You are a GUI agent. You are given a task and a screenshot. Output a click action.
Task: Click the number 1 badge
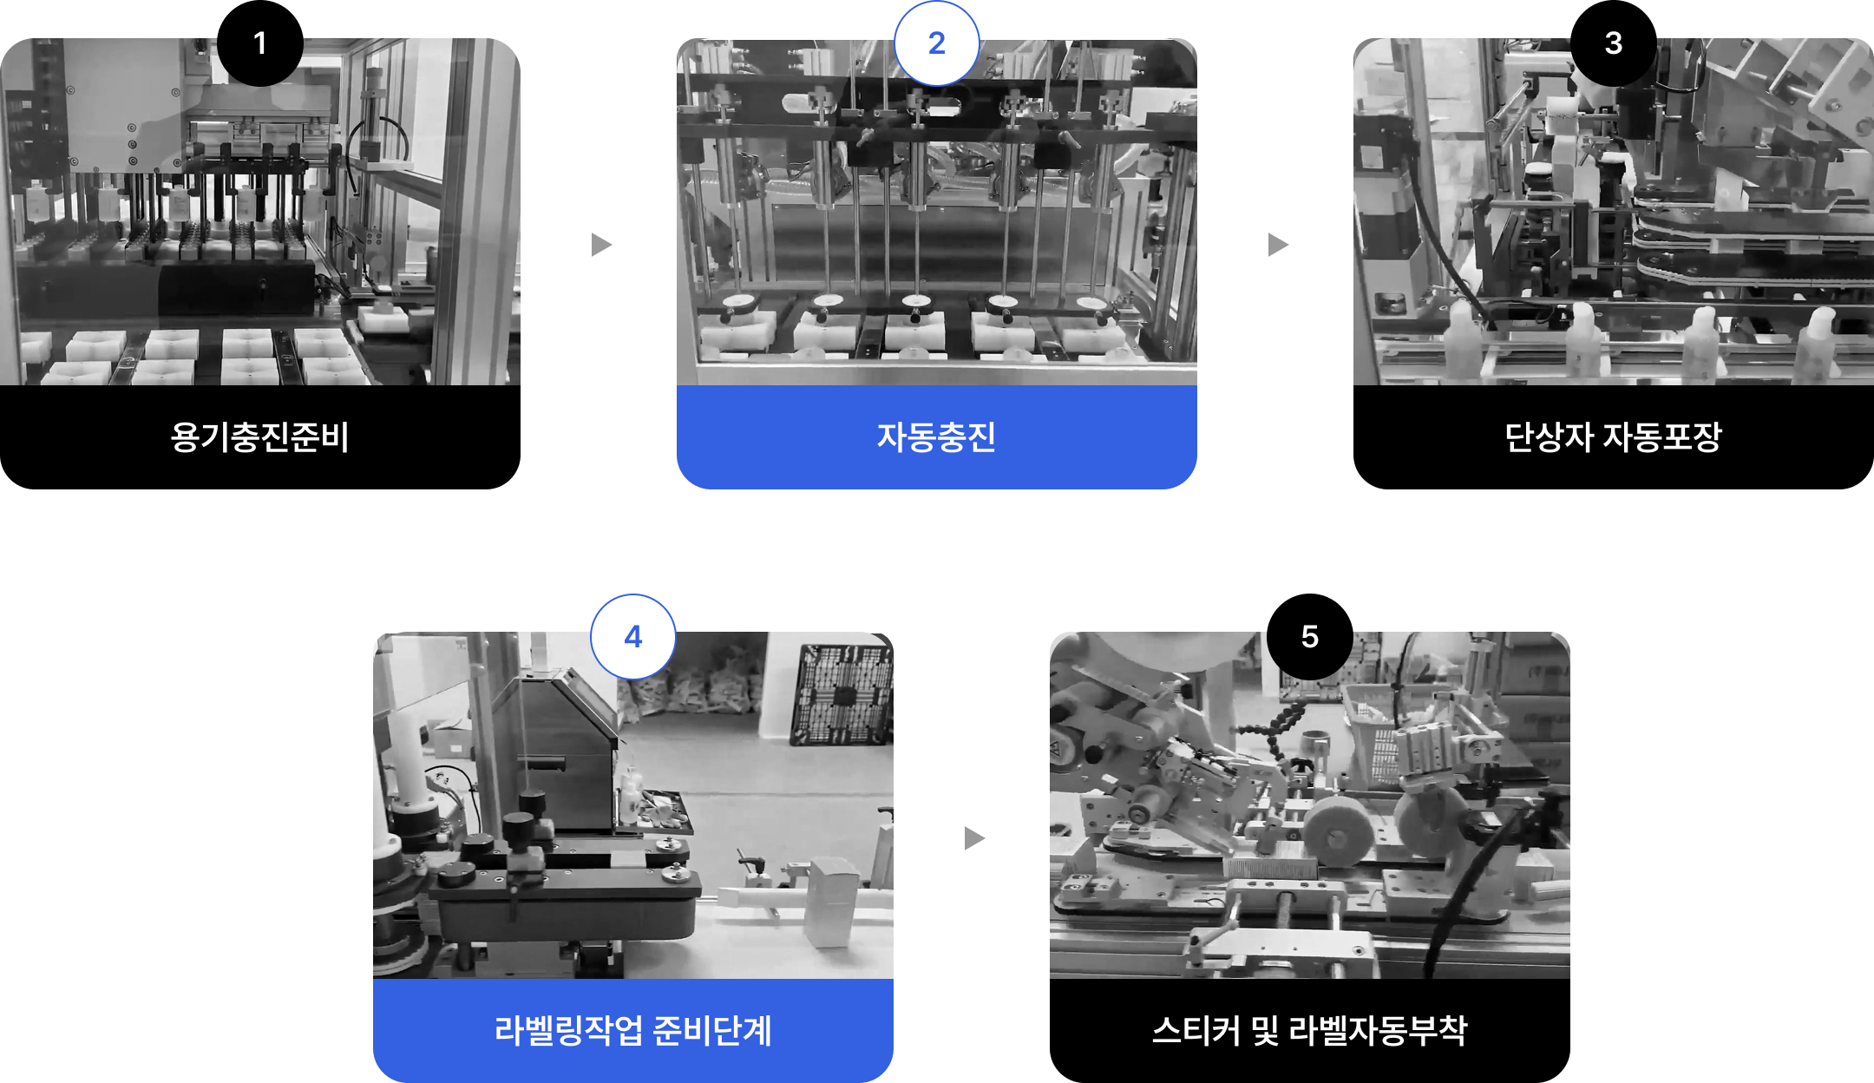(260, 43)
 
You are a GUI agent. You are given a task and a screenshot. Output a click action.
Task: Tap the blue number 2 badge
(937, 43)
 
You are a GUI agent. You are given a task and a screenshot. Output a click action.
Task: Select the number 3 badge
(1614, 43)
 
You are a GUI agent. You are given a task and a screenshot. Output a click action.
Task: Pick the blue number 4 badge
(633, 637)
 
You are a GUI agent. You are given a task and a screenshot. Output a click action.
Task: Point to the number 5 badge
(1310, 637)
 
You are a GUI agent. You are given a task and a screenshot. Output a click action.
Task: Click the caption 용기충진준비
(260, 436)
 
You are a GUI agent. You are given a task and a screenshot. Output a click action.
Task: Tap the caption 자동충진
(937, 436)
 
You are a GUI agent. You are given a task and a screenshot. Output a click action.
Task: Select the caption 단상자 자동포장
(1614, 436)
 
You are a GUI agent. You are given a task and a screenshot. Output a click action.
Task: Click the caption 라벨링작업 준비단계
(633, 1030)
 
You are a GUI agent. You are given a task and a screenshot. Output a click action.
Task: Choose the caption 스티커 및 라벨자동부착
(1310, 1030)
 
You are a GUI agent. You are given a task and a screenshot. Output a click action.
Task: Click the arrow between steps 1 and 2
(601, 245)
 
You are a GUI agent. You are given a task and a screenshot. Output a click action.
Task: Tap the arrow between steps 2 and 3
(1278, 245)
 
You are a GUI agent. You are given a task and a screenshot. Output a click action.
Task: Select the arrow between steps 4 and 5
(974, 838)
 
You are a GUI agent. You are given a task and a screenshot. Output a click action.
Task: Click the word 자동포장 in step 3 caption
(1662, 436)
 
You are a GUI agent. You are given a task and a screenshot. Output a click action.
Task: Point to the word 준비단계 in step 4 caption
(712, 1030)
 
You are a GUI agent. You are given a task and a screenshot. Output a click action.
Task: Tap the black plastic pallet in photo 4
(841, 694)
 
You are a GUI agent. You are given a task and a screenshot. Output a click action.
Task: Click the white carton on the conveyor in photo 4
(831, 902)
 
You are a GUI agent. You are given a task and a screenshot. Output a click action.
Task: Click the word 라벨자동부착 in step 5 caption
(1379, 1030)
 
